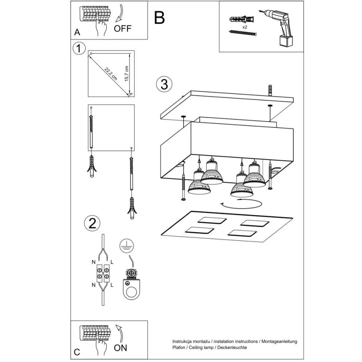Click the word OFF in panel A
(123, 28)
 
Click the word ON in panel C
(120, 348)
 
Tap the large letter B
(159, 18)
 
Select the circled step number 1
(79, 49)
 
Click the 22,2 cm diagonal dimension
(111, 74)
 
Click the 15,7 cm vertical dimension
(127, 74)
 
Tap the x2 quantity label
(244, 27)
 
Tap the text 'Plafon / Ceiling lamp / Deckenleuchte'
(209, 347)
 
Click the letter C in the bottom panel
(77, 352)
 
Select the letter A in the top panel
(77, 32)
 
